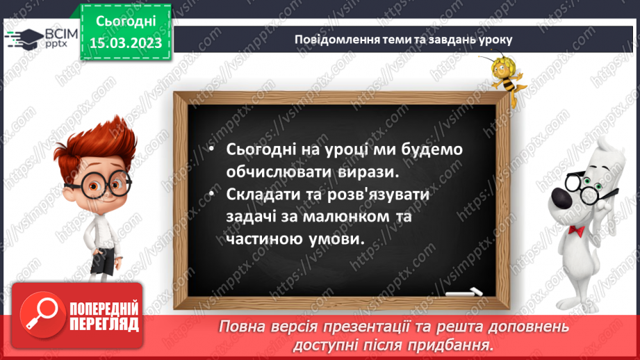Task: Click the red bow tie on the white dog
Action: [x=575, y=229]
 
